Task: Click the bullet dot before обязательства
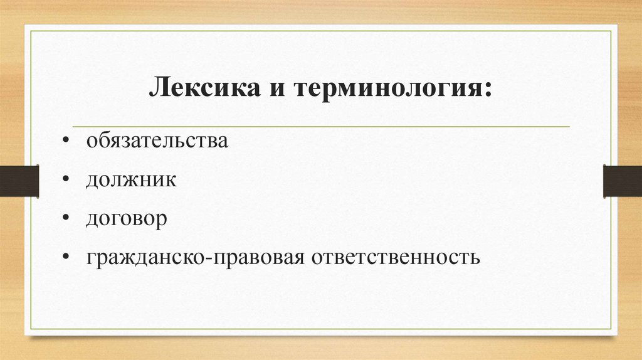(66, 141)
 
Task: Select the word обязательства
(157, 141)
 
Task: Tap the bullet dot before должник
(66, 180)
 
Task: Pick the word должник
(131, 181)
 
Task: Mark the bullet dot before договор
(66, 219)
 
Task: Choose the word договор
(127, 220)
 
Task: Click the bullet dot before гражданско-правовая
(66, 258)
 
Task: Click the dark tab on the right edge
(622, 181)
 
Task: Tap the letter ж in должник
(129, 181)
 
